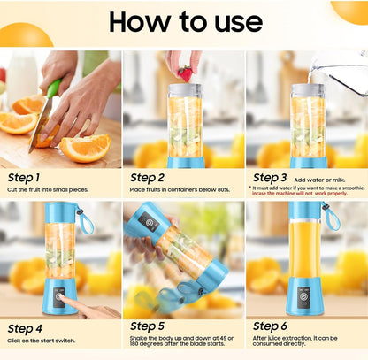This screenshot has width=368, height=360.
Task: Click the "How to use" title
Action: point(186,22)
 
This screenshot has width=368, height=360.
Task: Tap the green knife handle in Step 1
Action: point(54,88)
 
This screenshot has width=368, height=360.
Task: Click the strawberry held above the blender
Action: point(185,73)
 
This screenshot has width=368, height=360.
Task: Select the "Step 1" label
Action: point(23,178)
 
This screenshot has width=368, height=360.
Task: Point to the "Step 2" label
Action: point(147,178)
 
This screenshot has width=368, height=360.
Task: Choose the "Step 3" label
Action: point(270,178)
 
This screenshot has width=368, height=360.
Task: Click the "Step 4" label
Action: point(25,329)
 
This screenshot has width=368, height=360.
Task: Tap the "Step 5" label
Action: point(147,326)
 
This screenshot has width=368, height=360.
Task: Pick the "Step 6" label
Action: point(270,326)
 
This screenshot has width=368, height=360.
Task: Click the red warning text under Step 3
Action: point(300,194)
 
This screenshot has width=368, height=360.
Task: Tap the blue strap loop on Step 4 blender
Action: point(86,221)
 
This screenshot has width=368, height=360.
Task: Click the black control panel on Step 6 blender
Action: point(303,297)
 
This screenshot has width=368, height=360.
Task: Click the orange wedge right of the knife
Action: point(85,149)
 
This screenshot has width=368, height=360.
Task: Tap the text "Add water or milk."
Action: point(319,180)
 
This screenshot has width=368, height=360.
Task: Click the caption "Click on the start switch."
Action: point(41,341)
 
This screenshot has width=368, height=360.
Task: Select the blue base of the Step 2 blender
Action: point(186,163)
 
